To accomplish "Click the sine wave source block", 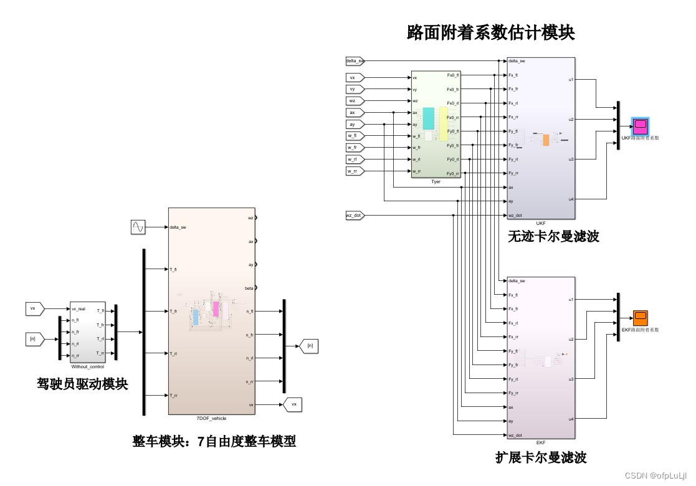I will (138, 227).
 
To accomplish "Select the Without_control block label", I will (88, 367).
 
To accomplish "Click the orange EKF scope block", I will (640, 318).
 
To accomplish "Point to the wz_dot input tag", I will (354, 216).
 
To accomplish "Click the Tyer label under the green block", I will (436, 182).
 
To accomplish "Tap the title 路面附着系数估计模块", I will (490, 32).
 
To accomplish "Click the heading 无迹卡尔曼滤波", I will (553, 236).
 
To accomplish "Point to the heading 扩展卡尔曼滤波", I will (541, 458).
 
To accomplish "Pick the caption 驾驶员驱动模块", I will (82, 384).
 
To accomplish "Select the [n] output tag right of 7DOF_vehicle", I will (310, 345).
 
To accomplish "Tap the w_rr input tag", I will (353, 171).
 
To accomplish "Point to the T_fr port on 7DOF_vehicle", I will (174, 310).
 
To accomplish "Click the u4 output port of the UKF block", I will (571, 199).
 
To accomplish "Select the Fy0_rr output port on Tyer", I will (452, 173).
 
